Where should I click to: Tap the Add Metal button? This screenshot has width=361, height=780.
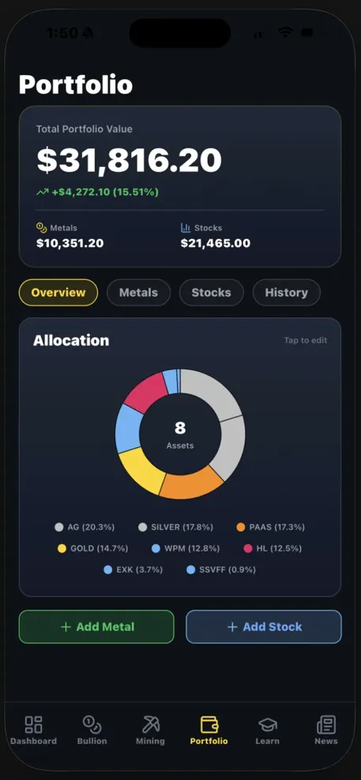pyautogui.click(x=96, y=627)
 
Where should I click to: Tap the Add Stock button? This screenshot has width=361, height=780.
pyautogui.click(x=264, y=627)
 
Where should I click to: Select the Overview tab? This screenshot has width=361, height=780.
pyautogui.click(x=58, y=293)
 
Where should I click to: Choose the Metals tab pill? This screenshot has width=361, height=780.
pyautogui.click(x=138, y=293)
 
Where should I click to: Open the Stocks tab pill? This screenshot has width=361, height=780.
pyautogui.click(x=211, y=293)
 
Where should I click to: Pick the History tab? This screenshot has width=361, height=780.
pyautogui.click(x=286, y=293)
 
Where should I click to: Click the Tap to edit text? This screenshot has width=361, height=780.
pyautogui.click(x=306, y=341)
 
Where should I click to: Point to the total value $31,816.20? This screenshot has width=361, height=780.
pyautogui.click(x=129, y=161)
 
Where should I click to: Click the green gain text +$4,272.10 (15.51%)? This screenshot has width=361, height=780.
pyautogui.click(x=104, y=192)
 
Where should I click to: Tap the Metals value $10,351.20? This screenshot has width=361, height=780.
pyautogui.click(x=70, y=244)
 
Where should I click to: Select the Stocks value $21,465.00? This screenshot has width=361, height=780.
pyautogui.click(x=216, y=244)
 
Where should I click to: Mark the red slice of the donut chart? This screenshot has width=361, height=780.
pyautogui.click(x=143, y=393)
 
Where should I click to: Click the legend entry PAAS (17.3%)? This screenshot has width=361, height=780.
pyautogui.click(x=270, y=527)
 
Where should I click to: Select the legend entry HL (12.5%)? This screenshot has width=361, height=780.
pyautogui.click(x=273, y=548)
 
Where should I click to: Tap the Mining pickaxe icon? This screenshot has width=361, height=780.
pyautogui.click(x=150, y=725)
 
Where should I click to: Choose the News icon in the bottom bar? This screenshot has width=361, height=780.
pyautogui.click(x=325, y=725)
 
